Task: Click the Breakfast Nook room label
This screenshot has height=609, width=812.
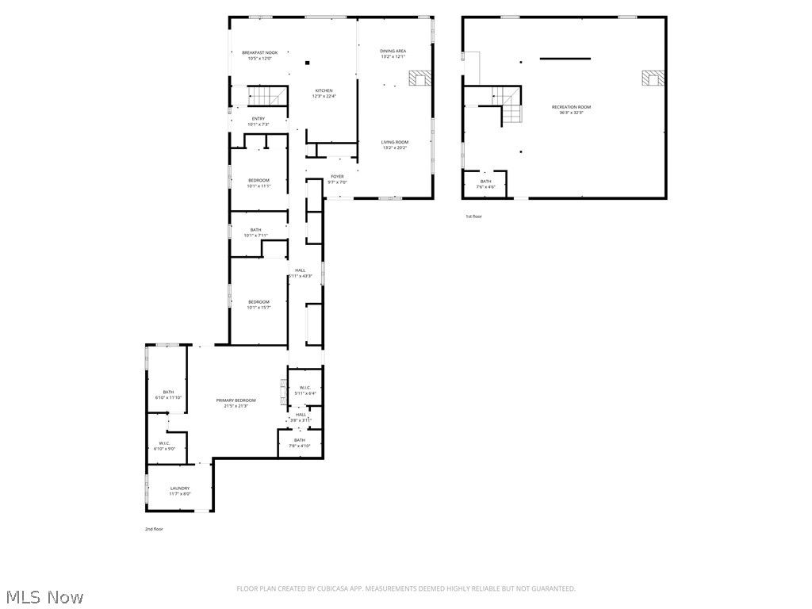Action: tap(259, 52)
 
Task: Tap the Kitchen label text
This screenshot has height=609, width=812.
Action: tap(324, 90)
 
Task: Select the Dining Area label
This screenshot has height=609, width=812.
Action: tap(393, 51)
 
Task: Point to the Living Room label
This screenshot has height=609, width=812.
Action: tap(395, 142)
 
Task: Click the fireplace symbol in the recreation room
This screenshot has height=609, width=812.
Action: tap(653, 78)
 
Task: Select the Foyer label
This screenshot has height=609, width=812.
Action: tap(337, 177)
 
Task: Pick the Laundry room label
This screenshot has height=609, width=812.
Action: tap(179, 488)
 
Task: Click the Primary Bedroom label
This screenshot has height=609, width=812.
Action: tap(236, 400)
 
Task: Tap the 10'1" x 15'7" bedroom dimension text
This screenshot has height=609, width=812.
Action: tap(259, 307)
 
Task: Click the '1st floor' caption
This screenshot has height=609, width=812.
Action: tap(473, 216)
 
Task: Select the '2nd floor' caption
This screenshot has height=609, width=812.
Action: tap(153, 529)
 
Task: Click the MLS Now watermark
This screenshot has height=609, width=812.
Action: tap(45, 596)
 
